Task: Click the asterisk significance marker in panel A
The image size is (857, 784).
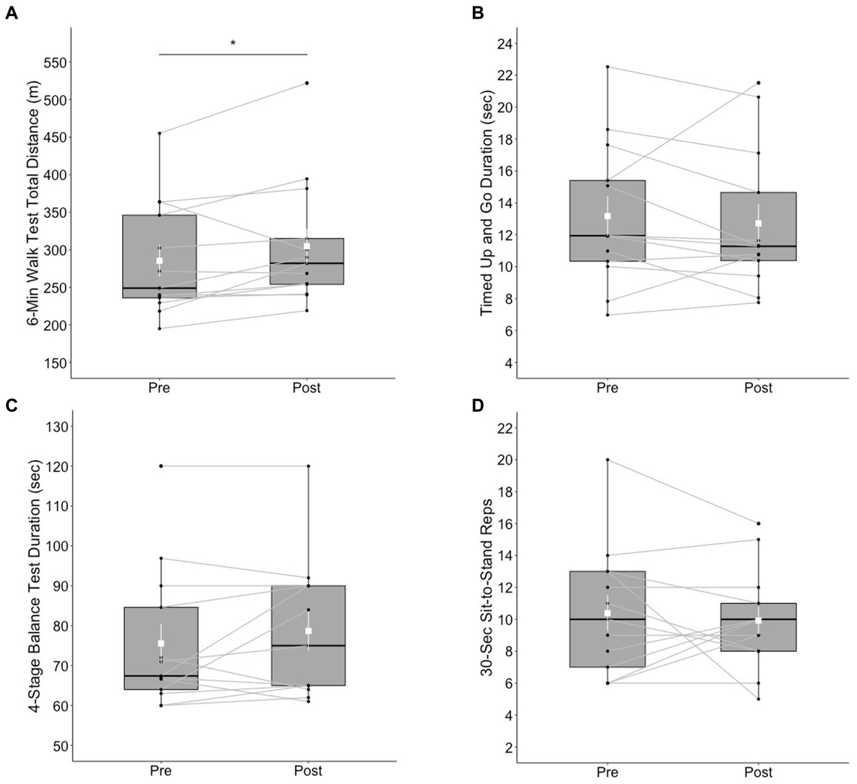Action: point(233,44)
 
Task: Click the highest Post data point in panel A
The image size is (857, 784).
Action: point(307,83)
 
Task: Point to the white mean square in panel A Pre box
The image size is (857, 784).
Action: point(160,261)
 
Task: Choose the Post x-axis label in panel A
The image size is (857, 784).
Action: point(307,388)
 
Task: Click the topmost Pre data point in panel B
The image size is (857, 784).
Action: point(607,67)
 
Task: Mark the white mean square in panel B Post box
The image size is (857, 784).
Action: point(758,223)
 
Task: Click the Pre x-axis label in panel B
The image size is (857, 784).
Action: point(607,388)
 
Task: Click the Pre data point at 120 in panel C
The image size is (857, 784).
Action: point(161,466)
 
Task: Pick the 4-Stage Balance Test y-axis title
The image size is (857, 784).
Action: point(35,586)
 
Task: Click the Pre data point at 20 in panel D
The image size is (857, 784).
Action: point(607,460)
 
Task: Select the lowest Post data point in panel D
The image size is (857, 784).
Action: point(758,699)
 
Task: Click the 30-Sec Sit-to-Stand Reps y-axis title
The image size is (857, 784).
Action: point(486,586)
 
